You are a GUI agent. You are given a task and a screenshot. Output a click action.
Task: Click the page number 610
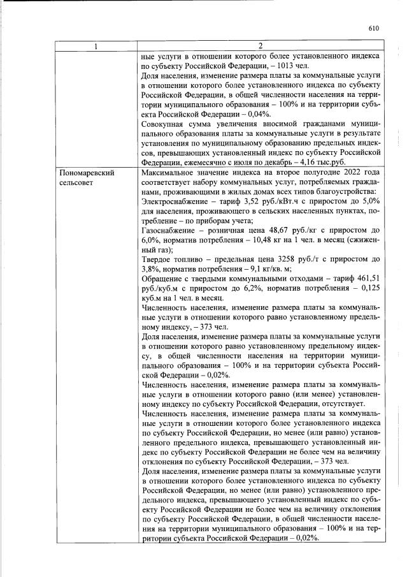click(373, 28)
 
